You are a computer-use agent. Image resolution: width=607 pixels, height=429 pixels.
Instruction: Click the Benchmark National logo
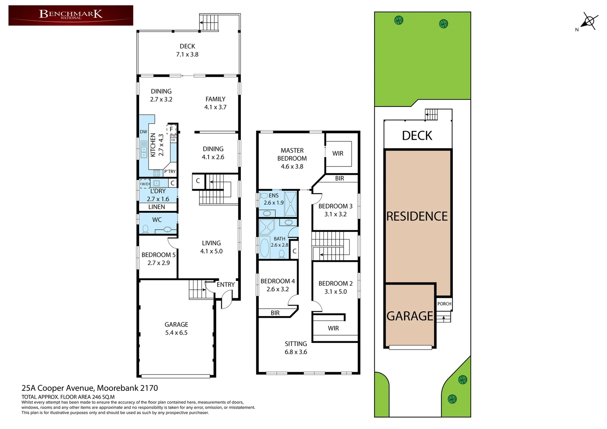click(71, 15)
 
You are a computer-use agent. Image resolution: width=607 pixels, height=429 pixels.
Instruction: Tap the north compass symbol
click(590, 21)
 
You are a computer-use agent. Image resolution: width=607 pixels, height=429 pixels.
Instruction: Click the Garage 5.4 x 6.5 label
click(176, 329)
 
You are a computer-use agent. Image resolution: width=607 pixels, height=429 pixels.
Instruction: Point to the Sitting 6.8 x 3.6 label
click(296, 348)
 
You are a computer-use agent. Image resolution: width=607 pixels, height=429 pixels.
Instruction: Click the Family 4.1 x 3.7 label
click(215, 103)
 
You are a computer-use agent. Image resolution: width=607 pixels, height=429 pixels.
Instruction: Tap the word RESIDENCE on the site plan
click(417, 216)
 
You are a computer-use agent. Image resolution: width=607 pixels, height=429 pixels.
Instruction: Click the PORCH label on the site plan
click(444, 304)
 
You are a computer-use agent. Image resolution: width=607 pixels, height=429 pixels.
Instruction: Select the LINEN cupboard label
click(157, 207)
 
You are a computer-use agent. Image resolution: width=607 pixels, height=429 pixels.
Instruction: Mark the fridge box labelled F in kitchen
click(171, 129)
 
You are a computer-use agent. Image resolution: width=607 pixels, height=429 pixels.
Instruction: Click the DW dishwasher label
click(143, 132)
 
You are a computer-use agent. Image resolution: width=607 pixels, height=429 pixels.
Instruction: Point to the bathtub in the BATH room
click(264, 247)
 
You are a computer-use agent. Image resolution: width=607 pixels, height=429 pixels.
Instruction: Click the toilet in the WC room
click(145, 229)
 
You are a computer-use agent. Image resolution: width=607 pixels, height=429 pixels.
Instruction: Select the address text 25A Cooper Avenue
click(90, 388)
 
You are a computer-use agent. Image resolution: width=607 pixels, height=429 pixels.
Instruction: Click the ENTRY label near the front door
click(225, 284)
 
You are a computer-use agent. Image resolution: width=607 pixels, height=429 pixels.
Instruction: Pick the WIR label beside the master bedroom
click(338, 153)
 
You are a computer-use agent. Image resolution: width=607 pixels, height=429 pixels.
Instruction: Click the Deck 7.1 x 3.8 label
click(187, 50)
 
